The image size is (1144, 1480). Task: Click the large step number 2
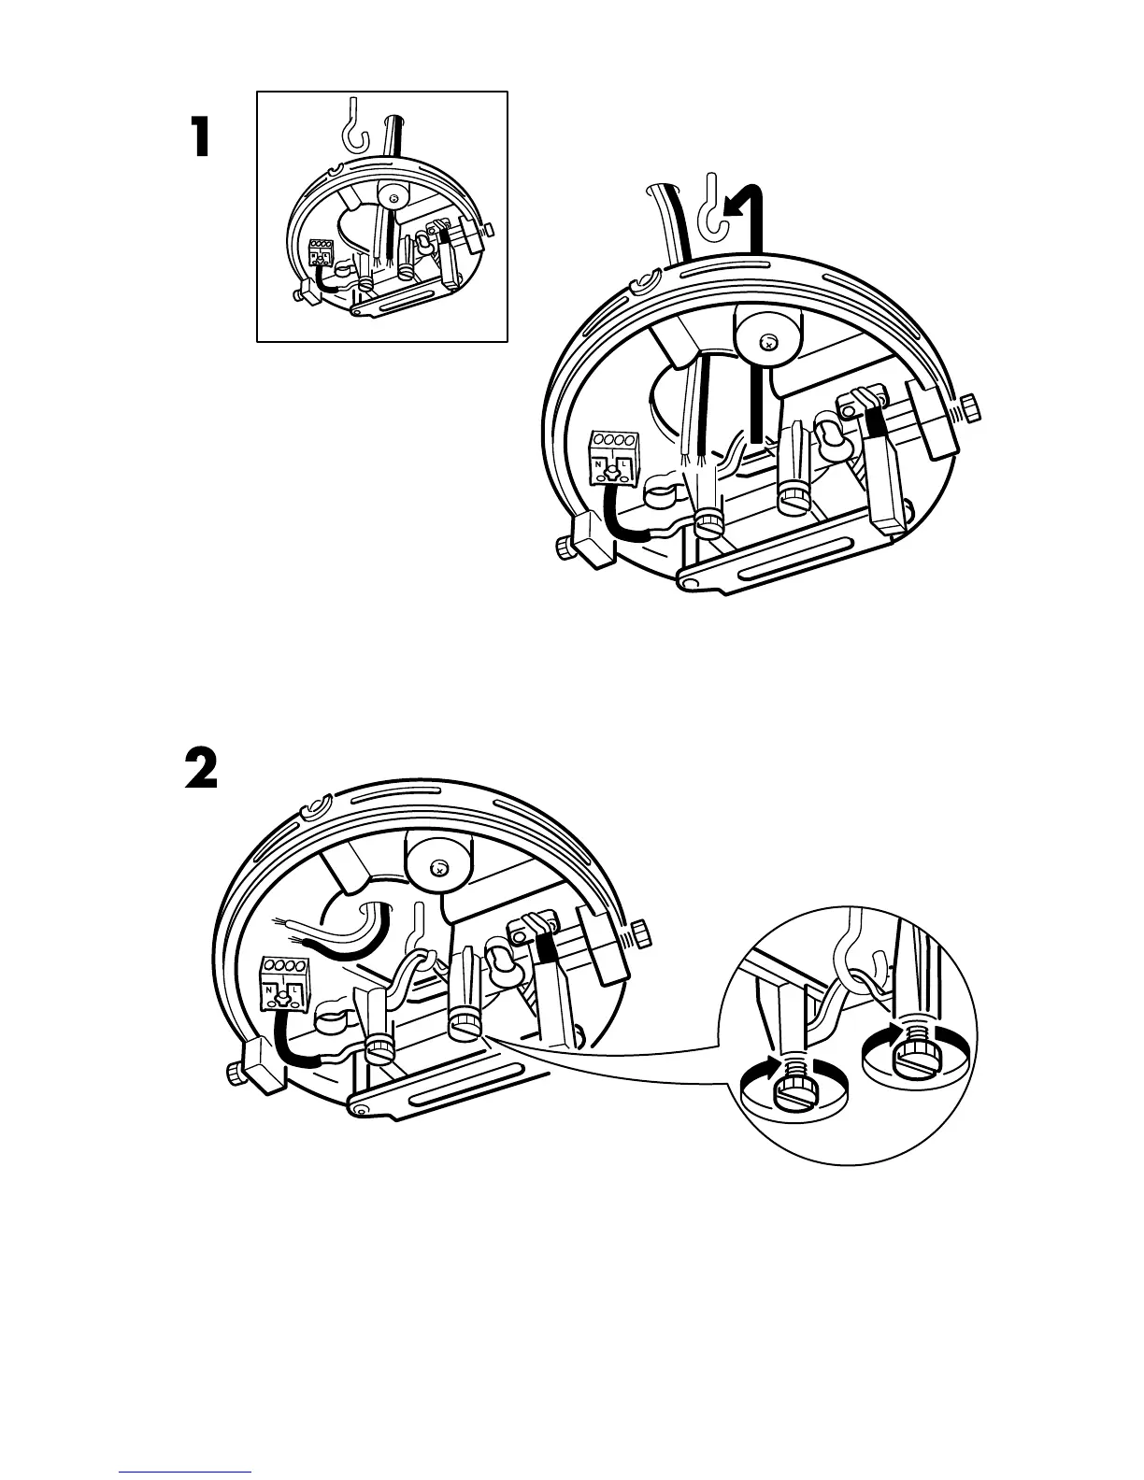click(200, 770)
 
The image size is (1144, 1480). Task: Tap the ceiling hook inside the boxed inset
click(351, 126)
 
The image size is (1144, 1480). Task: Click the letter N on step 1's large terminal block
click(598, 464)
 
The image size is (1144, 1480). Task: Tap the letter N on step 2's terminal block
click(268, 989)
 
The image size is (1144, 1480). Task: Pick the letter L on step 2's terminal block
click(295, 989)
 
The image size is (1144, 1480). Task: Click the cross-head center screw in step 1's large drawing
click(768, 343)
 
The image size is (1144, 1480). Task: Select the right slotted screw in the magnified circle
click(910, 1060)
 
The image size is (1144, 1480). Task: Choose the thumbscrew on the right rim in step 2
click(642, 932)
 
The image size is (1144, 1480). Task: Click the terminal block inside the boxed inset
click(321, 251)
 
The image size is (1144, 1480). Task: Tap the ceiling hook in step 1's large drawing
click(716, 206)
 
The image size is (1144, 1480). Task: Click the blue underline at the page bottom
click(185, 1472)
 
